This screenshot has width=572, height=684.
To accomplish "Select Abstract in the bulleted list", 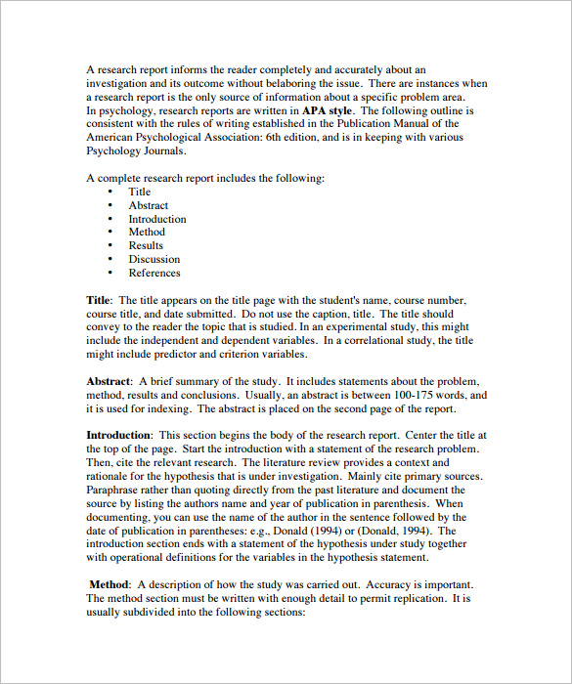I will (148, 205).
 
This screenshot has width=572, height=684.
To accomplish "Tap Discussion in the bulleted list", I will (154, 259).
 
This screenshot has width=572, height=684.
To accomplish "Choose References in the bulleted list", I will (154, 273).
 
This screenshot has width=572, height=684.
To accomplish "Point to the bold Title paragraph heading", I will (98, 300).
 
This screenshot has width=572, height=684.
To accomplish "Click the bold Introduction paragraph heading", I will (118, 435).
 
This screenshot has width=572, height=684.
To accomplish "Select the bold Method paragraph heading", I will (109, 583).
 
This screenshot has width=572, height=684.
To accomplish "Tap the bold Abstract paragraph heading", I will (108, 381).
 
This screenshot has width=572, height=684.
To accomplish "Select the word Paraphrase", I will (111, 490).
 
